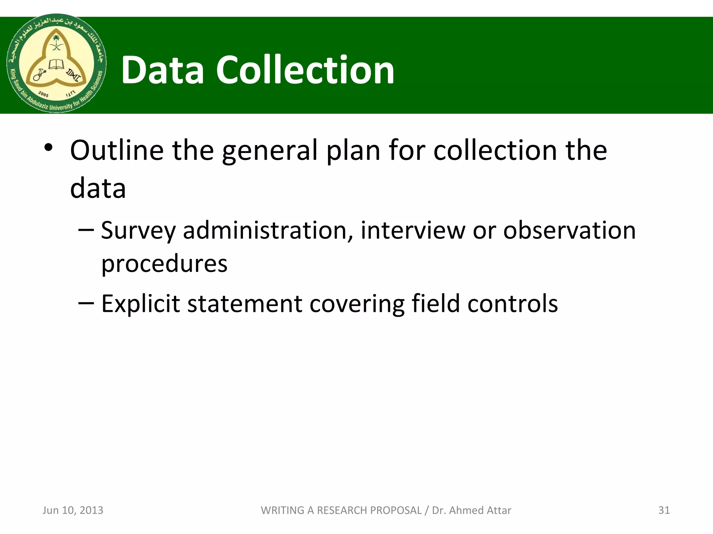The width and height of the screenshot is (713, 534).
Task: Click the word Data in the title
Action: [x=162, y=70]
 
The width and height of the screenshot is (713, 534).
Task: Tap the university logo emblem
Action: [x=56, y=63]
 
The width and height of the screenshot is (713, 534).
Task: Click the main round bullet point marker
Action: [x=48, y=148]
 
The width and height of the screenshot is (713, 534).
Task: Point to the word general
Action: [x=270, y=151]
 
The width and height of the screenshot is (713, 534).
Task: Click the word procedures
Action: [x=164, y=264]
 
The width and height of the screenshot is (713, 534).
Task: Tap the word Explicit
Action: [x=141, y=304]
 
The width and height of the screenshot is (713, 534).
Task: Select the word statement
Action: [x=245, y=304]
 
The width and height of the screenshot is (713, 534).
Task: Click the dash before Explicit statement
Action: [x=86, y=302]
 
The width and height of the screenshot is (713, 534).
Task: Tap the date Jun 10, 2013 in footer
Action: [x=73, y=510]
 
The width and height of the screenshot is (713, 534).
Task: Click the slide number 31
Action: [x=664, y=510]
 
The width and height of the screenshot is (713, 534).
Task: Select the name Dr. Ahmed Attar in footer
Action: [x=471, y=510]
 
